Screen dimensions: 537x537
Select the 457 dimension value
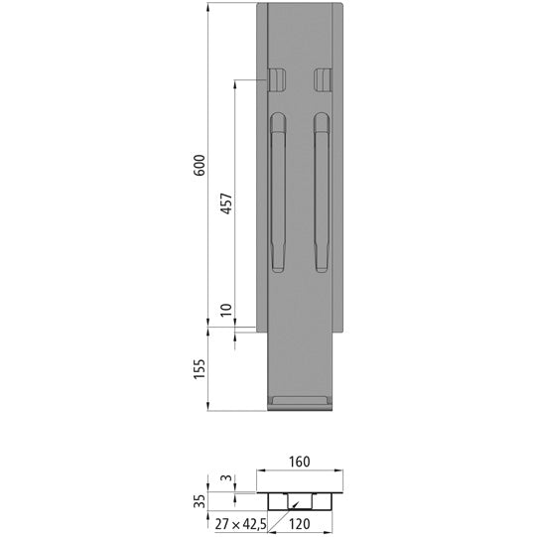tap(225, 205)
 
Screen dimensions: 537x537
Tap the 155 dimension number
tap(200, 368)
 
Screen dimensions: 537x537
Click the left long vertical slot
tap(279, 193)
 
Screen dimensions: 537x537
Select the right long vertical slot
tap(322, 193)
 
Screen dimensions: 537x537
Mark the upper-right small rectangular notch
tap(322, 78)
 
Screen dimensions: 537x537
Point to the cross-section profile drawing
tap(301, 492)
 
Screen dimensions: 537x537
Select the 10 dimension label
tap(225, 311)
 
